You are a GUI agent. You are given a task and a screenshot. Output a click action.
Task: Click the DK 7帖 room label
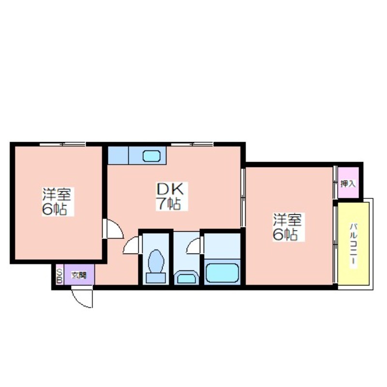click(172, 196)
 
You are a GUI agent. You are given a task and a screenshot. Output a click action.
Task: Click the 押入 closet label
click(348, 184)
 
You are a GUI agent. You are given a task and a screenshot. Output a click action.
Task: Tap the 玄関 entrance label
click(79, 275)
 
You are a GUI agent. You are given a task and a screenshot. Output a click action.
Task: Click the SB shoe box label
click(60, 276)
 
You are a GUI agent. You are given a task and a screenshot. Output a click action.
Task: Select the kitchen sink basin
click(152, 156)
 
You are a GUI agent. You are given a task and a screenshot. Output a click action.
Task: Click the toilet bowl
click(156, 261)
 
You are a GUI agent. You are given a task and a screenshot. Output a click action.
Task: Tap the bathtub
click(223, 273)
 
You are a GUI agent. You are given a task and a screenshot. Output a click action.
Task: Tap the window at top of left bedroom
click(63, 144)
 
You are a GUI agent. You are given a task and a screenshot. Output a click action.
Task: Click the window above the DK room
click(192, 144)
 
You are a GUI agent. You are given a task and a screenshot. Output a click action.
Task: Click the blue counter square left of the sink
click(118, 155)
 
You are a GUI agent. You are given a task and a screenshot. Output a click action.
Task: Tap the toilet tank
click(156, 278)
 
